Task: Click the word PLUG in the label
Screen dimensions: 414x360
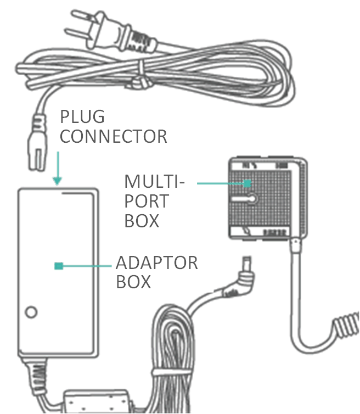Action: pos(82,117)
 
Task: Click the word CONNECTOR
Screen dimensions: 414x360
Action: pos(113,136)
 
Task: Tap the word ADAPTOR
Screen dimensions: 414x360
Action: pos(156,262)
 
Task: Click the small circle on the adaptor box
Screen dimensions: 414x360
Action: pos(31,312)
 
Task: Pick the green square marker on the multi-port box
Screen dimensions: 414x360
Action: pos(248,182)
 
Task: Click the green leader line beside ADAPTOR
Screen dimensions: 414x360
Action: pos(88,266)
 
